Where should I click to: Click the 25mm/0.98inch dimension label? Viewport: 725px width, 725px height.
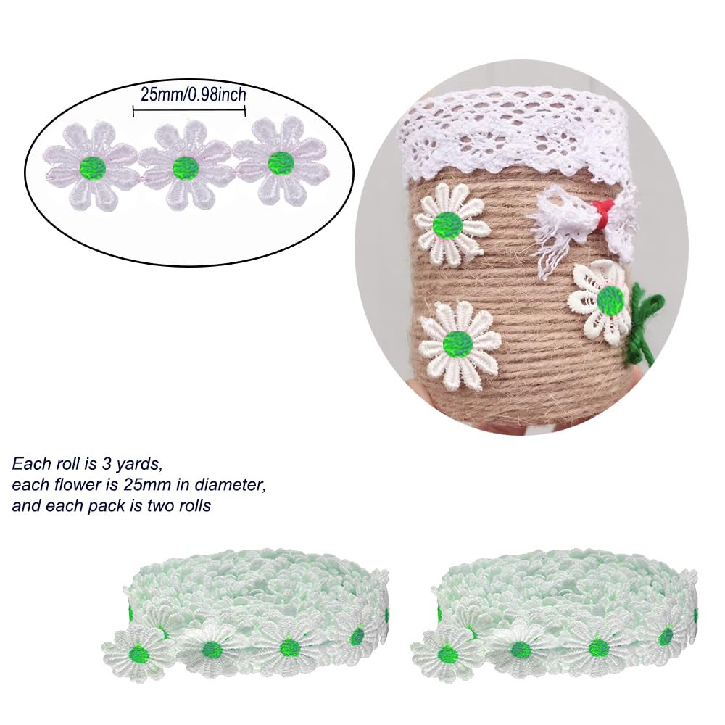pyautogui.click(x=194, y=95)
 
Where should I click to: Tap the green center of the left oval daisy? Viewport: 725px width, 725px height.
pyautogui.click(x=93, y=167)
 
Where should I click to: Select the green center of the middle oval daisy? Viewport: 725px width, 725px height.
pyautogui.click(x=186, y=167)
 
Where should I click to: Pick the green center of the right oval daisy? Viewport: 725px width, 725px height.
pyautogui.click(x=281, y=163)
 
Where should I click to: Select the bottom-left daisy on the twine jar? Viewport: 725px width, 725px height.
pyautogui.click(x=457, y=344)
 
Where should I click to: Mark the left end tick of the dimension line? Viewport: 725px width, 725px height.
pyautogui.click(x=133, y=111)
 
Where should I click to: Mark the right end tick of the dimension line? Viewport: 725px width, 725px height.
pyautogui.click(x=245, y=111)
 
